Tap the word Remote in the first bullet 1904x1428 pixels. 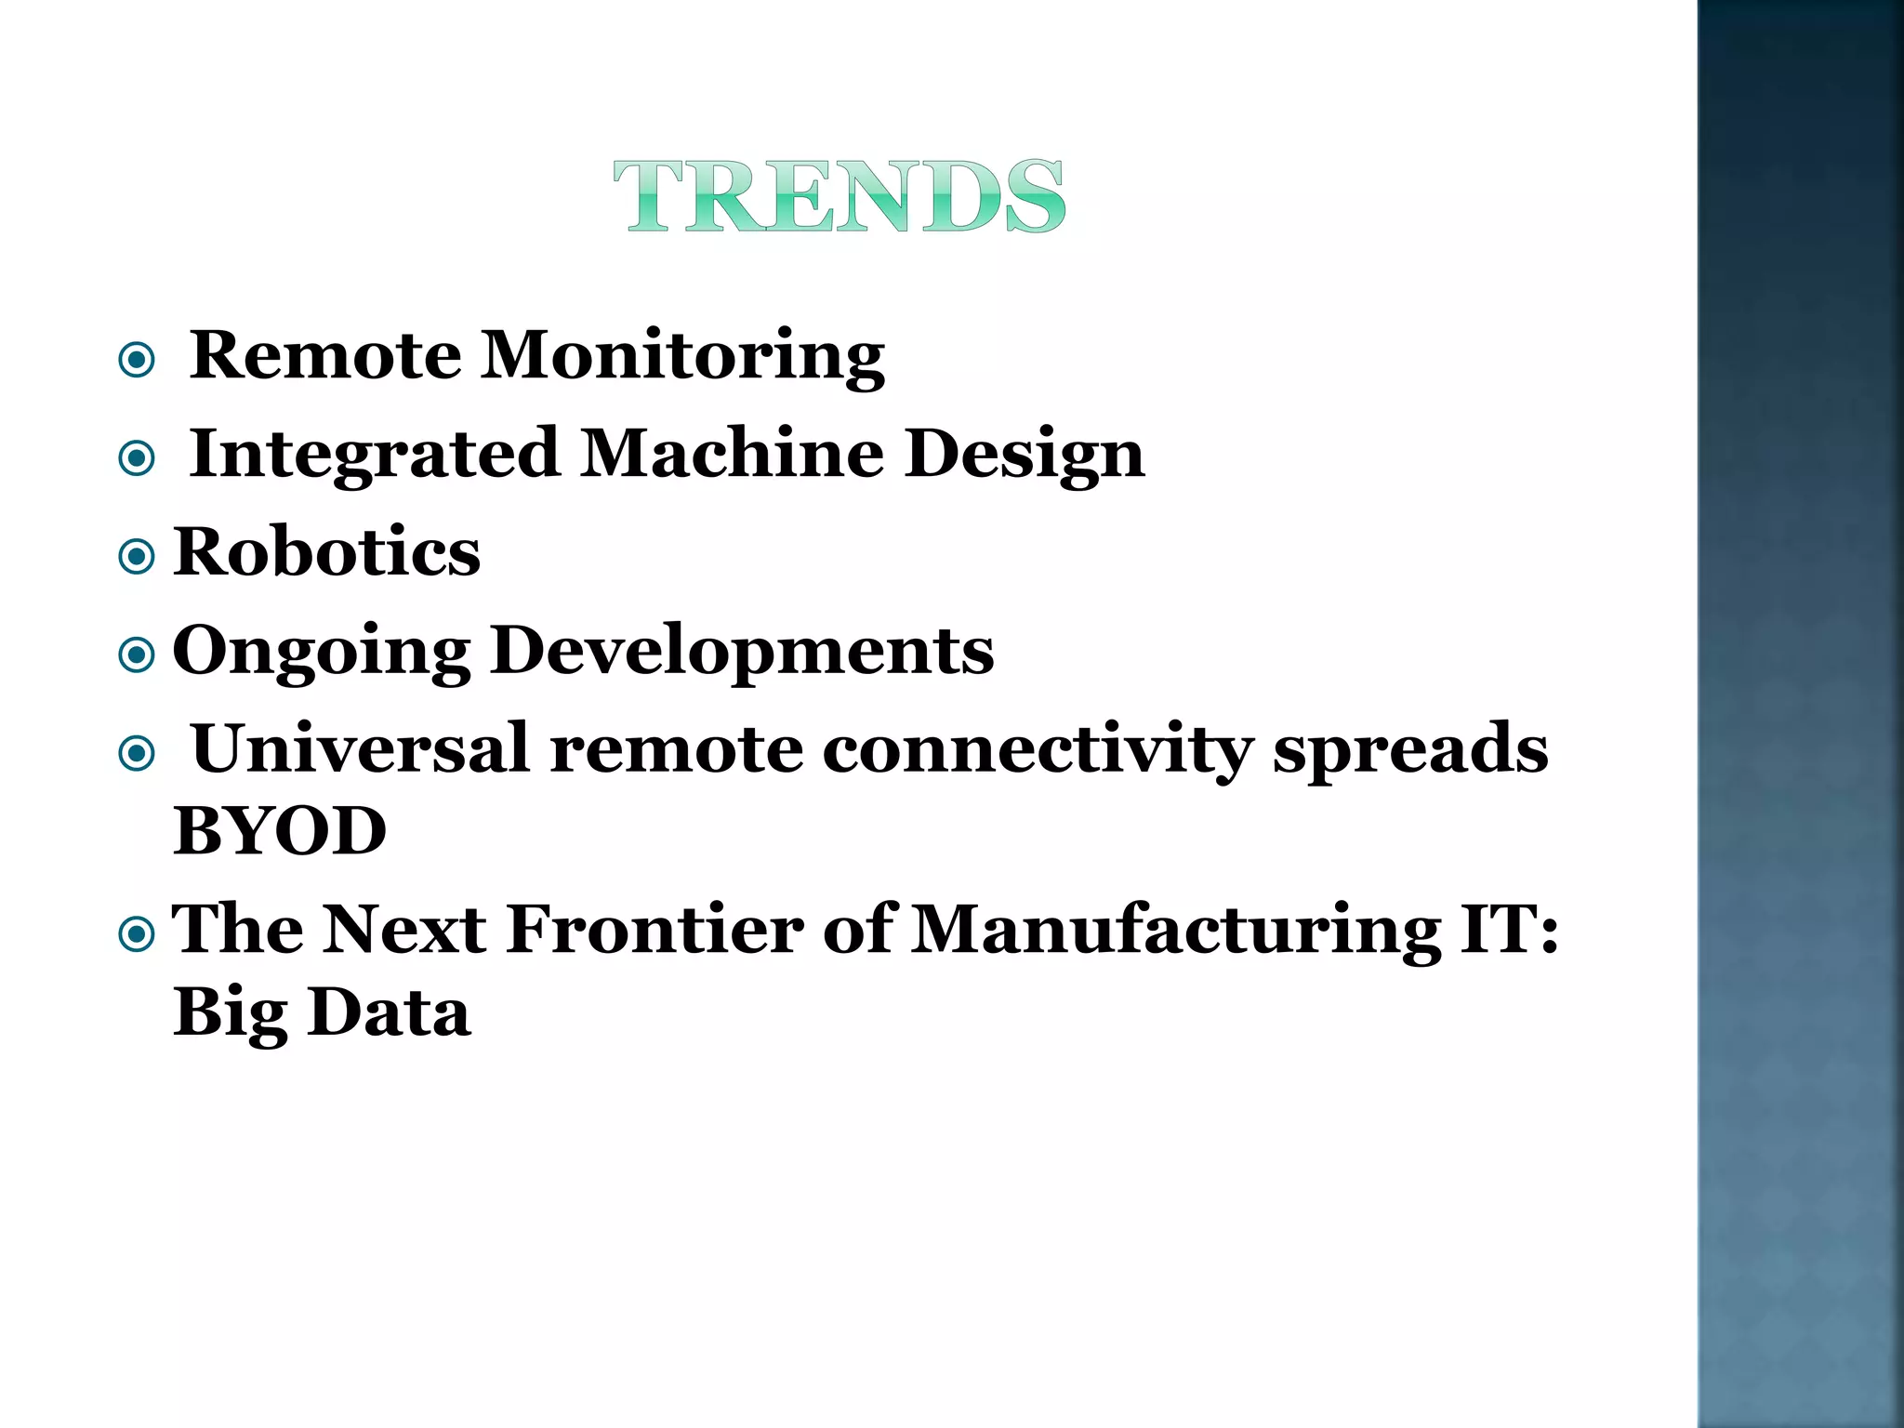point(325,355)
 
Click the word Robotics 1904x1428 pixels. point(327,551)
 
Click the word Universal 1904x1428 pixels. point(360,748)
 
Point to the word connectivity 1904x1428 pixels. point(1037,750)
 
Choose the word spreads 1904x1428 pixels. point(1410,750)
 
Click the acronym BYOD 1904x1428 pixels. point(280,830)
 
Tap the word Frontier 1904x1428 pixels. point(654,929)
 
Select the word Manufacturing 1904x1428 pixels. point(1175,931)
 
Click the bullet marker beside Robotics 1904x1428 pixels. point(137,557)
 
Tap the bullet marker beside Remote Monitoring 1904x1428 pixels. point(137,360)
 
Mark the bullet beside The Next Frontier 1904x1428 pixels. point(137,933)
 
